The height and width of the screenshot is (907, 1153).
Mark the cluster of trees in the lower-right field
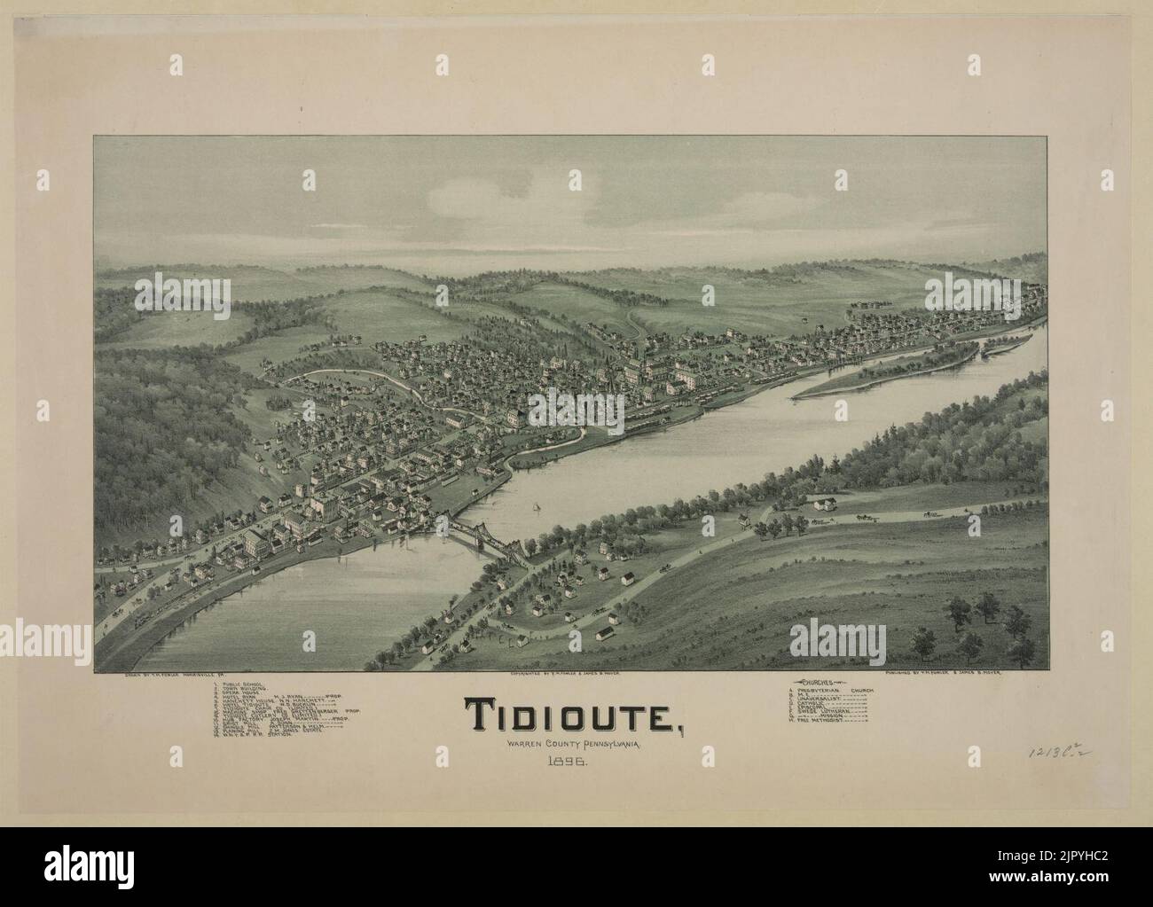[976, 614]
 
